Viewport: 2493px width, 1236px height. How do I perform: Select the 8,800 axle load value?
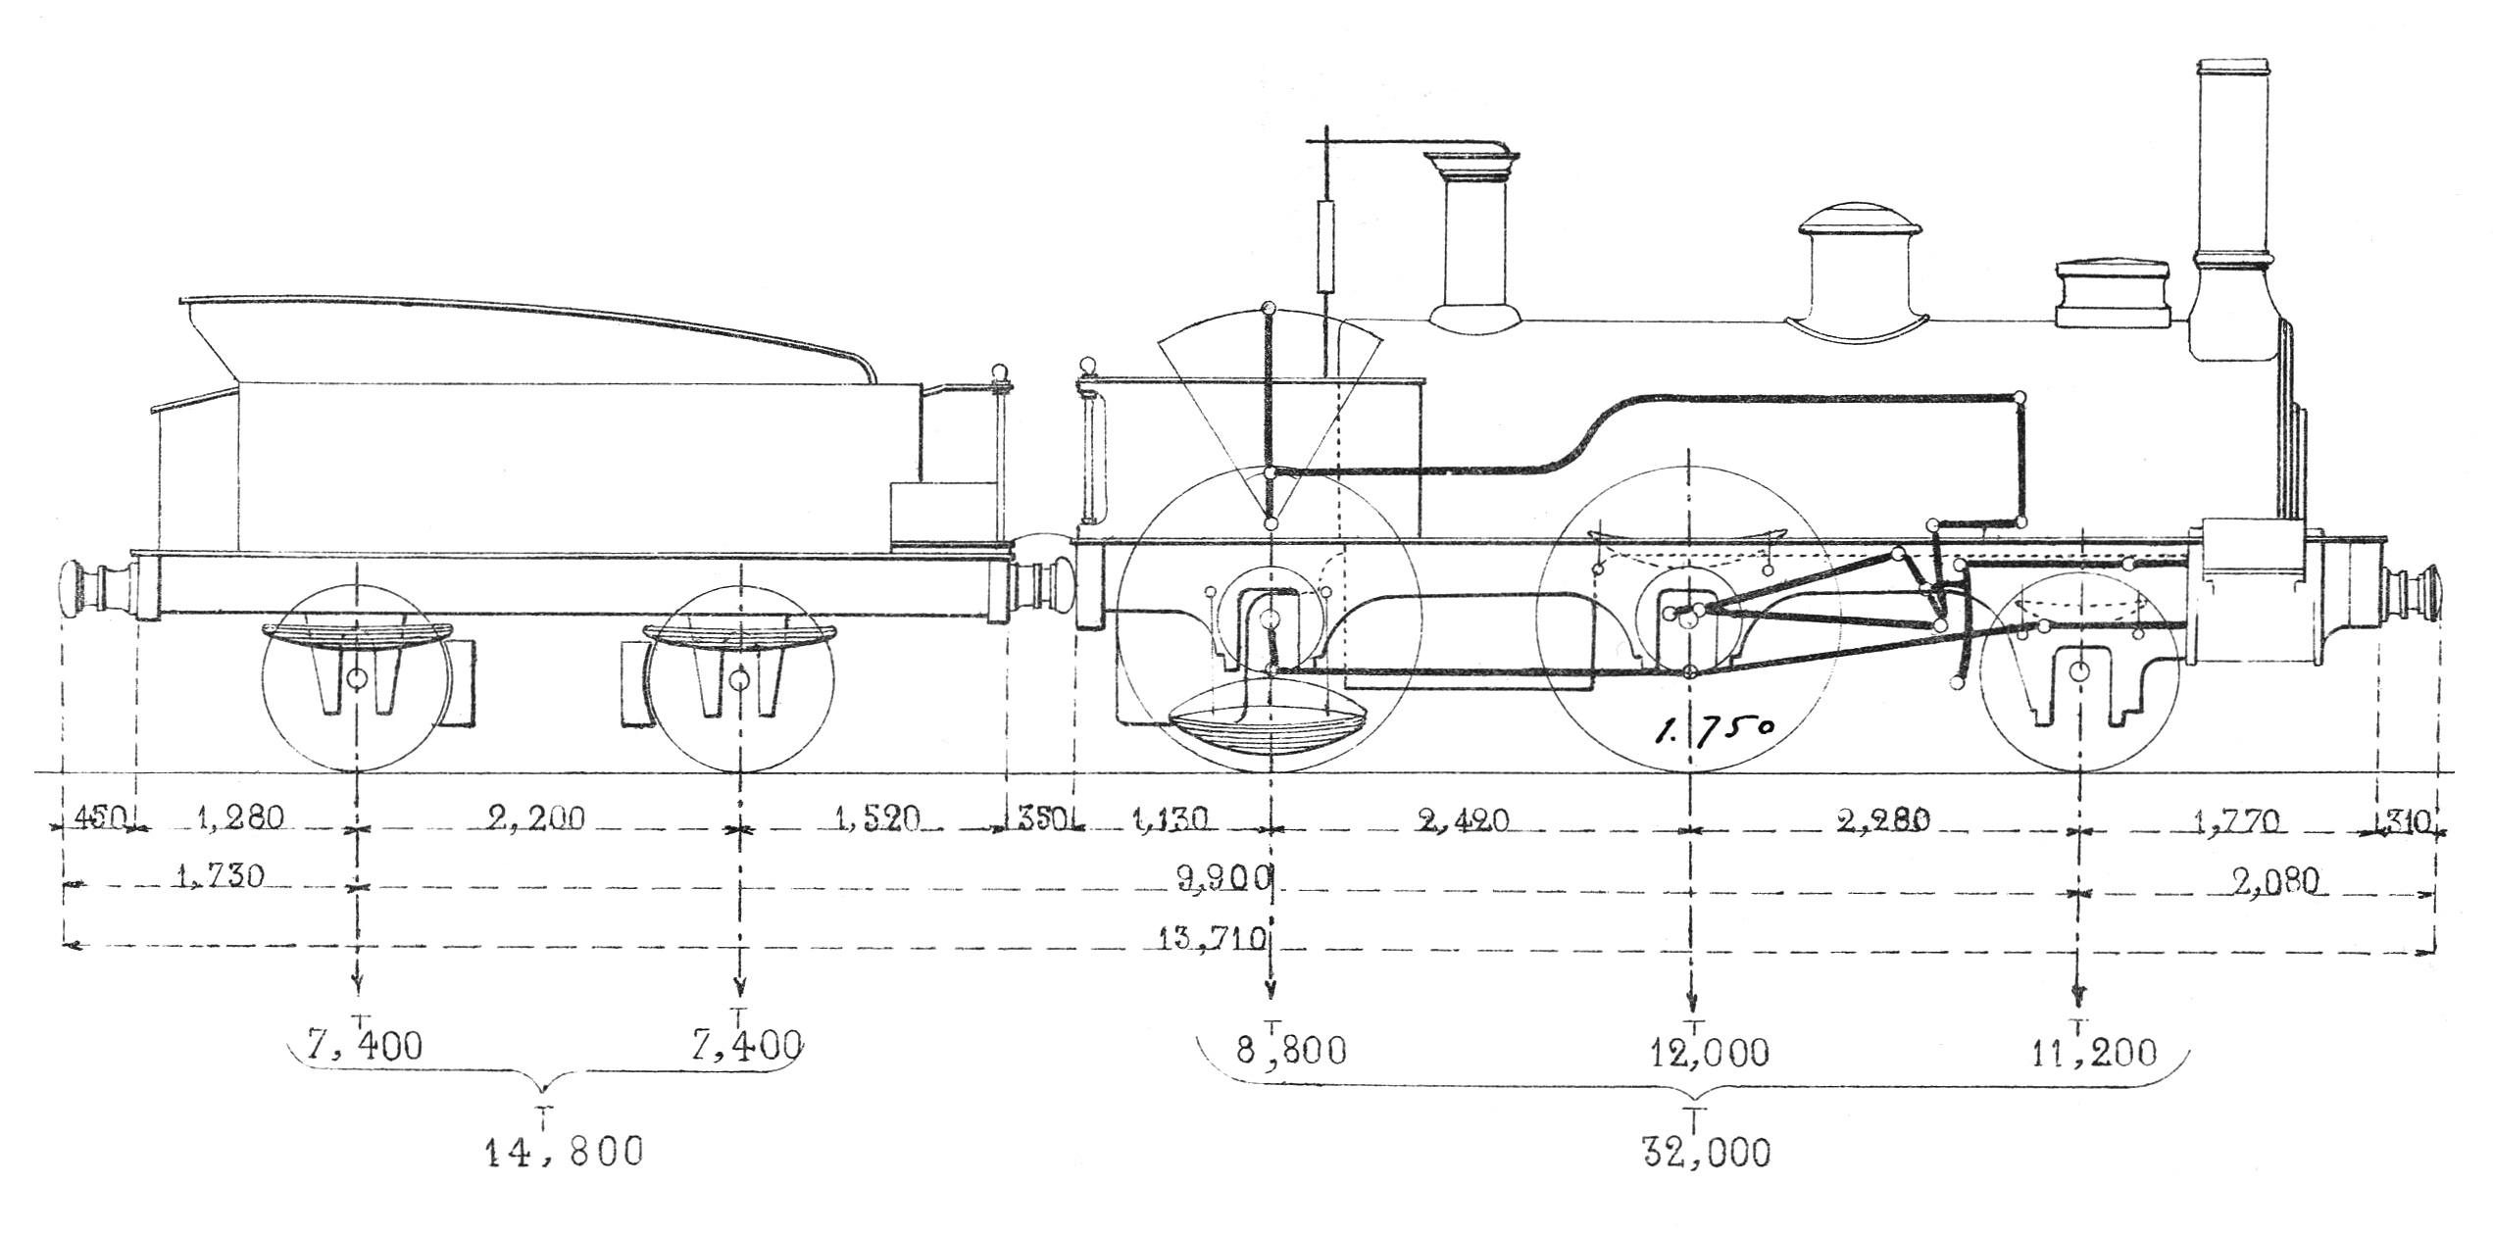(x=1290, y=1052)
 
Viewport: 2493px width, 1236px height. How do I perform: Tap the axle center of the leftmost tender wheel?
(x=357, y=678)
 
